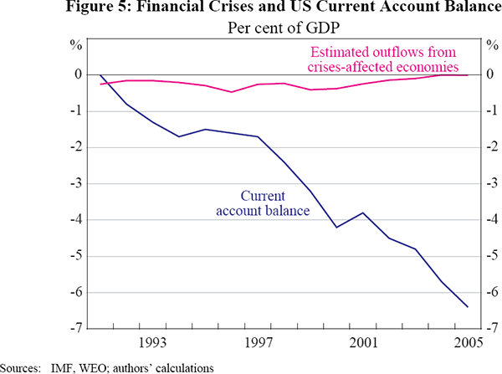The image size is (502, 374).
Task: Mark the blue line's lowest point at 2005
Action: click(467, 307)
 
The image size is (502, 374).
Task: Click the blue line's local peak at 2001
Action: click(362, 213)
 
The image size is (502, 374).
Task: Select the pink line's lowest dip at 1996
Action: click(232, 92)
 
